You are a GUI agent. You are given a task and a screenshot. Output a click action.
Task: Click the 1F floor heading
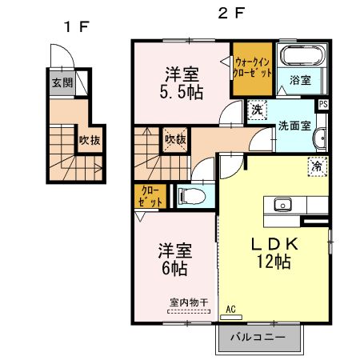[76, 26]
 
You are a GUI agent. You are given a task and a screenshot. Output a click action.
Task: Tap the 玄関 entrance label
[62, 82]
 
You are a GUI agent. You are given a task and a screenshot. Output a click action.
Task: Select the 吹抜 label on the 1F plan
[88, 141]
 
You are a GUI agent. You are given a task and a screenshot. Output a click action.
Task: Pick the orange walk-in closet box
[253, 67]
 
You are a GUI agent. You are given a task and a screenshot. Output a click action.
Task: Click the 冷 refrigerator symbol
[317, 166]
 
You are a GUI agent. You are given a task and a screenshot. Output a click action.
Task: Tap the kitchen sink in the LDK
[282, 204]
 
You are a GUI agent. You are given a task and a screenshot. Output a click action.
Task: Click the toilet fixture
[189, 194]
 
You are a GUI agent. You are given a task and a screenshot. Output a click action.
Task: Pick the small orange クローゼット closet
[150, 196]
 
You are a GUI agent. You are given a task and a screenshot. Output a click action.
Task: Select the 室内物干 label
[189, 302]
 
